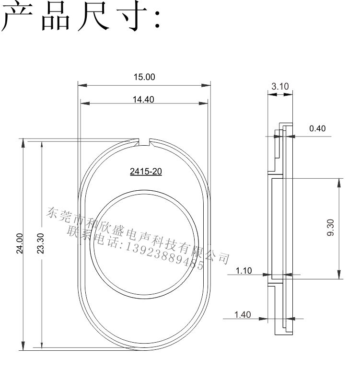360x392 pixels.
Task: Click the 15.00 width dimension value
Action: click(144, 77)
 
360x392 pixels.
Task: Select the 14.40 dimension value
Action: click(143, 100)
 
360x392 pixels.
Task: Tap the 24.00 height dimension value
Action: click(20, 243)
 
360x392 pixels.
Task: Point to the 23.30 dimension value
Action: click(40, 243)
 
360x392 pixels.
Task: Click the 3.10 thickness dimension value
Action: click(280, 87)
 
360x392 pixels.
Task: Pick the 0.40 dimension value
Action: click(317, 128)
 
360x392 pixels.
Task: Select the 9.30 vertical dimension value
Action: click(330, 228)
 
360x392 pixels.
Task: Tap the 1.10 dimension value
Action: click(244, 270)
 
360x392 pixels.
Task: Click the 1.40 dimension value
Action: click(243, 314)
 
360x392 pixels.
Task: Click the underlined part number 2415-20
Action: click(146, 172)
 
